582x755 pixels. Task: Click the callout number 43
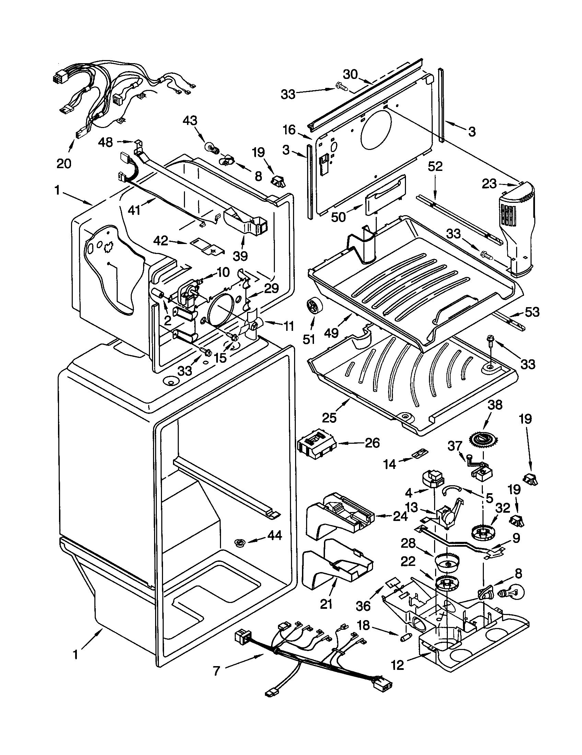point(190,121)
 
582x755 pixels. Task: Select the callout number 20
point(64,163)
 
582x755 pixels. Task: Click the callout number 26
point(372,443)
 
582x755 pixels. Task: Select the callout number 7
point(217,671)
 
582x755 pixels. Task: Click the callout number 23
point(490,184)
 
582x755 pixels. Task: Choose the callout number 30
point(350,74)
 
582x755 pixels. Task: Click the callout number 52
point(435,167)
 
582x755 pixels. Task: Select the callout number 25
point(329,418)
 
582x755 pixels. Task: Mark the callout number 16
point(289,130)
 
